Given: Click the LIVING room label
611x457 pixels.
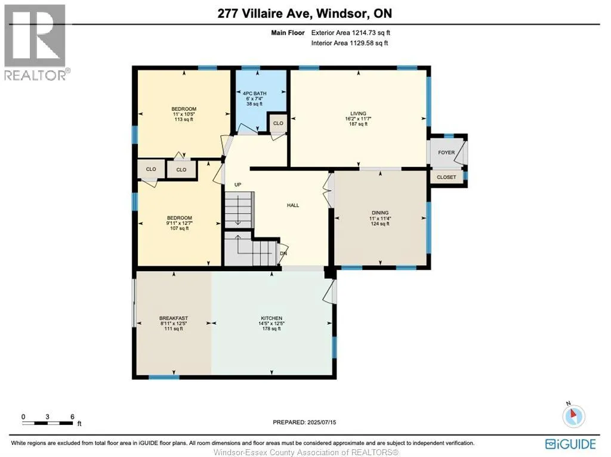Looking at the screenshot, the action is [x=358, y=114].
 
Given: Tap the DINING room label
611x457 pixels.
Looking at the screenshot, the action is [x=380, y=213].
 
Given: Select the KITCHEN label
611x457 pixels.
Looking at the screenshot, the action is [x=271, y=318].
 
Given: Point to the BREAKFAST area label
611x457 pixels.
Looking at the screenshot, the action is [x=174, y=318].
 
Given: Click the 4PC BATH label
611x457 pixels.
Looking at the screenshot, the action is [x=254, y=94].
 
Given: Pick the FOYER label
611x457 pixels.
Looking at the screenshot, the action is [x=446, y=153].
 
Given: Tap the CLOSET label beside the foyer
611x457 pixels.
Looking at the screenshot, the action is [x=446, y=177].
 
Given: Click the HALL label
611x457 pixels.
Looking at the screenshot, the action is [x=293, y=205].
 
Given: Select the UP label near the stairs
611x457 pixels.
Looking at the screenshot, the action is [x=237, y=185].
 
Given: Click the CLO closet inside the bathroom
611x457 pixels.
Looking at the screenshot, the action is [x=278, y=123].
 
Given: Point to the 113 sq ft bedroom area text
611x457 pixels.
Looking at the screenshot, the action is [x=184, y=120].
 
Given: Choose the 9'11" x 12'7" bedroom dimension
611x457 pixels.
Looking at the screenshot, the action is [x=179, y=223].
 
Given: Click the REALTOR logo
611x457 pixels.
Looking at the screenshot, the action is [x=36, y=42].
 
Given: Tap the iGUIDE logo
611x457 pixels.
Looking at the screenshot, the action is [x=570, y=444].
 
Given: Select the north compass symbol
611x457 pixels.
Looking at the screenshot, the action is [x=573, y=415].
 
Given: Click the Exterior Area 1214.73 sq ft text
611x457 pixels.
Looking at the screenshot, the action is [x=351, y=33].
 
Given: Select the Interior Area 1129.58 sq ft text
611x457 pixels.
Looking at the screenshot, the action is [x=350, y=43].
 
